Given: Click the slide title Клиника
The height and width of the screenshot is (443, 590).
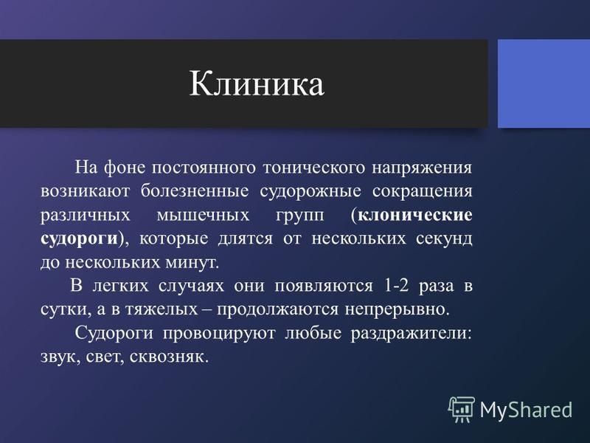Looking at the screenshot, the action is tap(256, 83).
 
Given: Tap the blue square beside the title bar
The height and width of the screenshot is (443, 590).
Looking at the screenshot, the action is tap(544, 83).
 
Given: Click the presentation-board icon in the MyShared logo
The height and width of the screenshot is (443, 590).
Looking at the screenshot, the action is tap(461, 410).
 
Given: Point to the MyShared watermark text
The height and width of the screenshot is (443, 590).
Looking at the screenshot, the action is tap(526, 410).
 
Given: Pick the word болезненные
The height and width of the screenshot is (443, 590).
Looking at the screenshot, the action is tap(195, 191).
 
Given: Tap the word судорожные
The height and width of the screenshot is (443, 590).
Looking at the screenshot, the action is tap(310, 192).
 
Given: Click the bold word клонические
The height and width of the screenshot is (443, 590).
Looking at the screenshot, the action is tap(415, 215).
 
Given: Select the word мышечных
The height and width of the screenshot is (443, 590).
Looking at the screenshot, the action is tap(204, 216).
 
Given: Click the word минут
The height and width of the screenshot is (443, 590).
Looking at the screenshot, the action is tap(192, 263).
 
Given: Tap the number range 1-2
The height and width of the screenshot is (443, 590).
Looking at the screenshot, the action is tap(396, 286).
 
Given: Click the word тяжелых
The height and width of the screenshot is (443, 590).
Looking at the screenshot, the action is tap(162, 309).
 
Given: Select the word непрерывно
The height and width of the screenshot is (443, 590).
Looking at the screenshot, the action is tap(398, 310).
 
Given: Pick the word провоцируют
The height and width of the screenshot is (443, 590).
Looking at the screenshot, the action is tap(219, 334).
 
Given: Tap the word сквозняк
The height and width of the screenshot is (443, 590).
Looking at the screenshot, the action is tap(169, 357).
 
